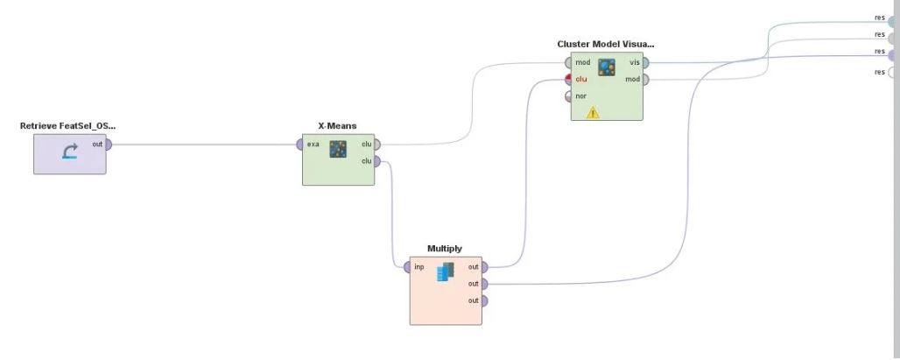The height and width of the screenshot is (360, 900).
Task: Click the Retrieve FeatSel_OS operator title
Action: (x=67, y=126)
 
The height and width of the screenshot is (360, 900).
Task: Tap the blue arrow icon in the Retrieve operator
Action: (x=70, y=152)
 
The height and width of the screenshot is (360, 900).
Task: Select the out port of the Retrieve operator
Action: (x=109, y=145)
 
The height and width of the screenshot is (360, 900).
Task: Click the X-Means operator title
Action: (x=338, y=126)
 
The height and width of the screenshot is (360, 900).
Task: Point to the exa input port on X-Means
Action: (x=299, y=145)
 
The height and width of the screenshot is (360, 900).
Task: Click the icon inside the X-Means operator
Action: (x=338, y=149)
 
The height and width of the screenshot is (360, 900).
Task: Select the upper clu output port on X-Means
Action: (x=376, y=145)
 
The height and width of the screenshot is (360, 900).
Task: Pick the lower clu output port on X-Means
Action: (x=376, y=161)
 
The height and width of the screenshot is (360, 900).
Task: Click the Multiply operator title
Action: (x=445, y=249)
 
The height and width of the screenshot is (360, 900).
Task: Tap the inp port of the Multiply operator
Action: (x=407, y=267)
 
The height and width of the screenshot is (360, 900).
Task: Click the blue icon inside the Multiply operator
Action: (x=446, y=272)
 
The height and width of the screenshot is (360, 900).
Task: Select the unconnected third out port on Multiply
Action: (x=484, y=300)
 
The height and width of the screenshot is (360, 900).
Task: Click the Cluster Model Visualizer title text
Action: (x=606, y=44)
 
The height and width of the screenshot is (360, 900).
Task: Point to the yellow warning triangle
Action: (x=593, y=112)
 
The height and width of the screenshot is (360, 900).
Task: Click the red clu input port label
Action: (x=581, y=79)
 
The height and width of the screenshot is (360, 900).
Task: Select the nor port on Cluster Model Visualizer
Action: (x=568, y=96)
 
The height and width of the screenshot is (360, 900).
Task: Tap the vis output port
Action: (x=646, y=62)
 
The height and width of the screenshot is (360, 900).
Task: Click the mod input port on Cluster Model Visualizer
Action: (x=568, y=62)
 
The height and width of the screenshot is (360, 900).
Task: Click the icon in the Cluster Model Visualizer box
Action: (x=607, y=67)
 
